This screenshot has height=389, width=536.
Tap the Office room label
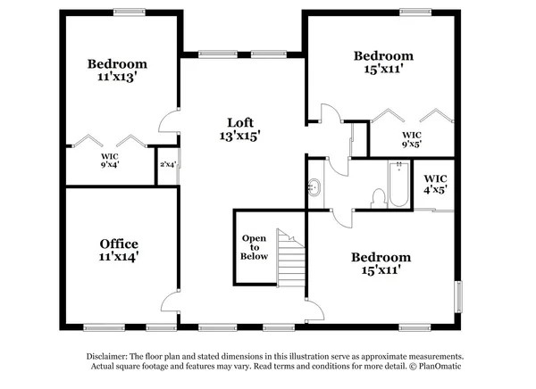(x=118, y=249)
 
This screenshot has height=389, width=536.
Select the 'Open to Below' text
(x=254, y=247)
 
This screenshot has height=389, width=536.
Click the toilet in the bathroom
(x=377, y=197)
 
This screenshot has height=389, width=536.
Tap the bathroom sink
(x=314, y=187)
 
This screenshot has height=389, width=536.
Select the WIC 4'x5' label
(x=434, y=183)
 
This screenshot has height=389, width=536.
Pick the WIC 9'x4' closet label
(x=109, y=160)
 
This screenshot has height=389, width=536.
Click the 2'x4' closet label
(x=166, y=164)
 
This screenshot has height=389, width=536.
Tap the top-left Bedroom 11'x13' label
(x=117, y=70)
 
